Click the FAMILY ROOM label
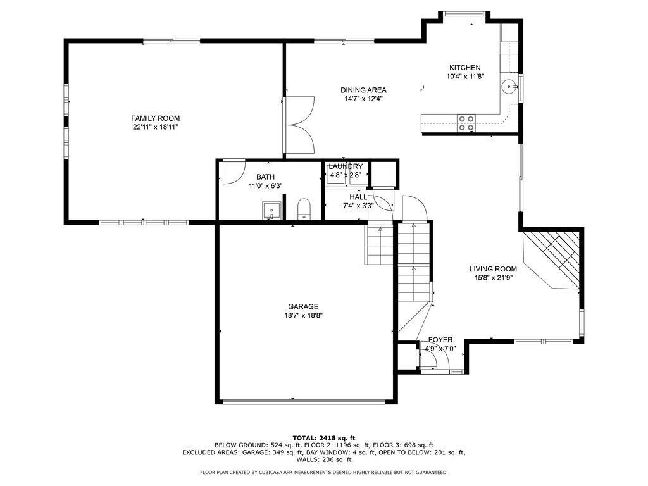156,118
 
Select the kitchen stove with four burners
466,123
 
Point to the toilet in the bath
304,209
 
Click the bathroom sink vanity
271,210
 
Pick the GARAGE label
303,307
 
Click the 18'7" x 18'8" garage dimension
303,316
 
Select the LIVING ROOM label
493,269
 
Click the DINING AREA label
364,90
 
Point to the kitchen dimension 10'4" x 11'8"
465,77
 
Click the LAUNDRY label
346,166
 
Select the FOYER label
440,340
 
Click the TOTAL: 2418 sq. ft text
324,438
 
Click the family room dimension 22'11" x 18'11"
156,127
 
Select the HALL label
358,197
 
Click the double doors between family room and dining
299,125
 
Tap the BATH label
265,177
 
